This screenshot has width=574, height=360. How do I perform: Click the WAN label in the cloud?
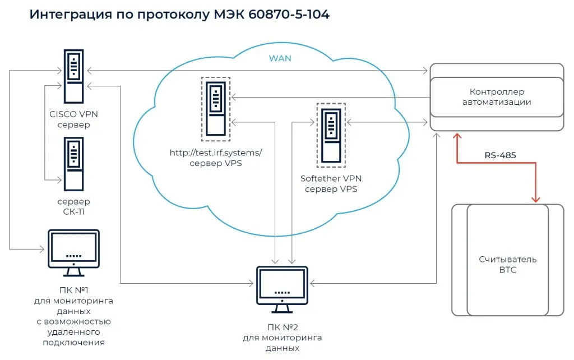tap(280, 58)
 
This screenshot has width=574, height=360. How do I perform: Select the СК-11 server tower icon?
tap(73, 163)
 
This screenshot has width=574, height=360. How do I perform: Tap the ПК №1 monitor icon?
tap(73, 252)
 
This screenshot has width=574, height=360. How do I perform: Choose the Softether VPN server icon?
tap(331, 135)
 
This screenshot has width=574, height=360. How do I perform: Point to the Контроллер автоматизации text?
tap(497, 96)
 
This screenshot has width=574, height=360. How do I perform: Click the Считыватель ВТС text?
tap(500, 264)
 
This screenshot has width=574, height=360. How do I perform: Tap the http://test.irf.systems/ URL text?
tap(216, 153)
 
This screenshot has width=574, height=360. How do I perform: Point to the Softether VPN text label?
tap(331, 178)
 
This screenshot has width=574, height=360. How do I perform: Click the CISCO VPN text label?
tap(73, 114)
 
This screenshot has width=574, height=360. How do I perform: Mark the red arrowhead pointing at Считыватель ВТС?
tap(536, 199)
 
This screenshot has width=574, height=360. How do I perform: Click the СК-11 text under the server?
tap(73, 211)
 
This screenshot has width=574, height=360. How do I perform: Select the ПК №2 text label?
tap(283, 327)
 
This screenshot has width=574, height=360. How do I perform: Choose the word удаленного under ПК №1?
tap(73, 331)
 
